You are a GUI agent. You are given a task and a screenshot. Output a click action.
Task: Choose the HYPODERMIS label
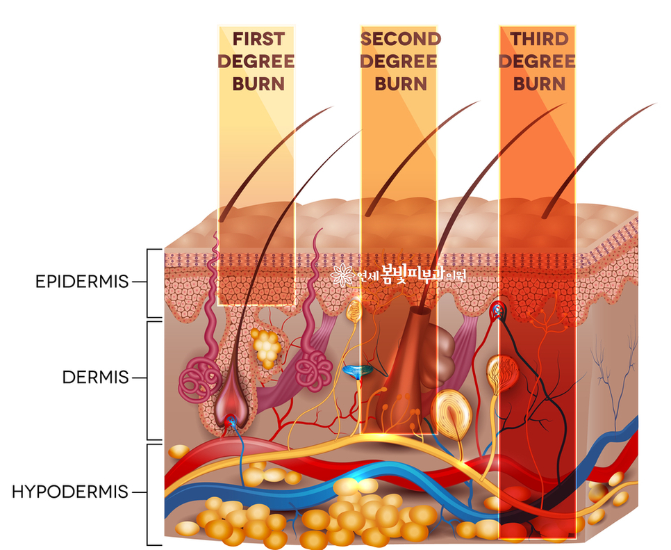tap(70, 492)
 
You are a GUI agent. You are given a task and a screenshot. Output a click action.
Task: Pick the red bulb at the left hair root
tap(229, 416)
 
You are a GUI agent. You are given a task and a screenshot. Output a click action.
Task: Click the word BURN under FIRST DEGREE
tap(258, 83)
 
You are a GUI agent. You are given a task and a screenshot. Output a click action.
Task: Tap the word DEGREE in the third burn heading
tap(537, 60)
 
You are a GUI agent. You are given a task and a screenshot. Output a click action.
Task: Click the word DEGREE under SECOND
tap(400, 60)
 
